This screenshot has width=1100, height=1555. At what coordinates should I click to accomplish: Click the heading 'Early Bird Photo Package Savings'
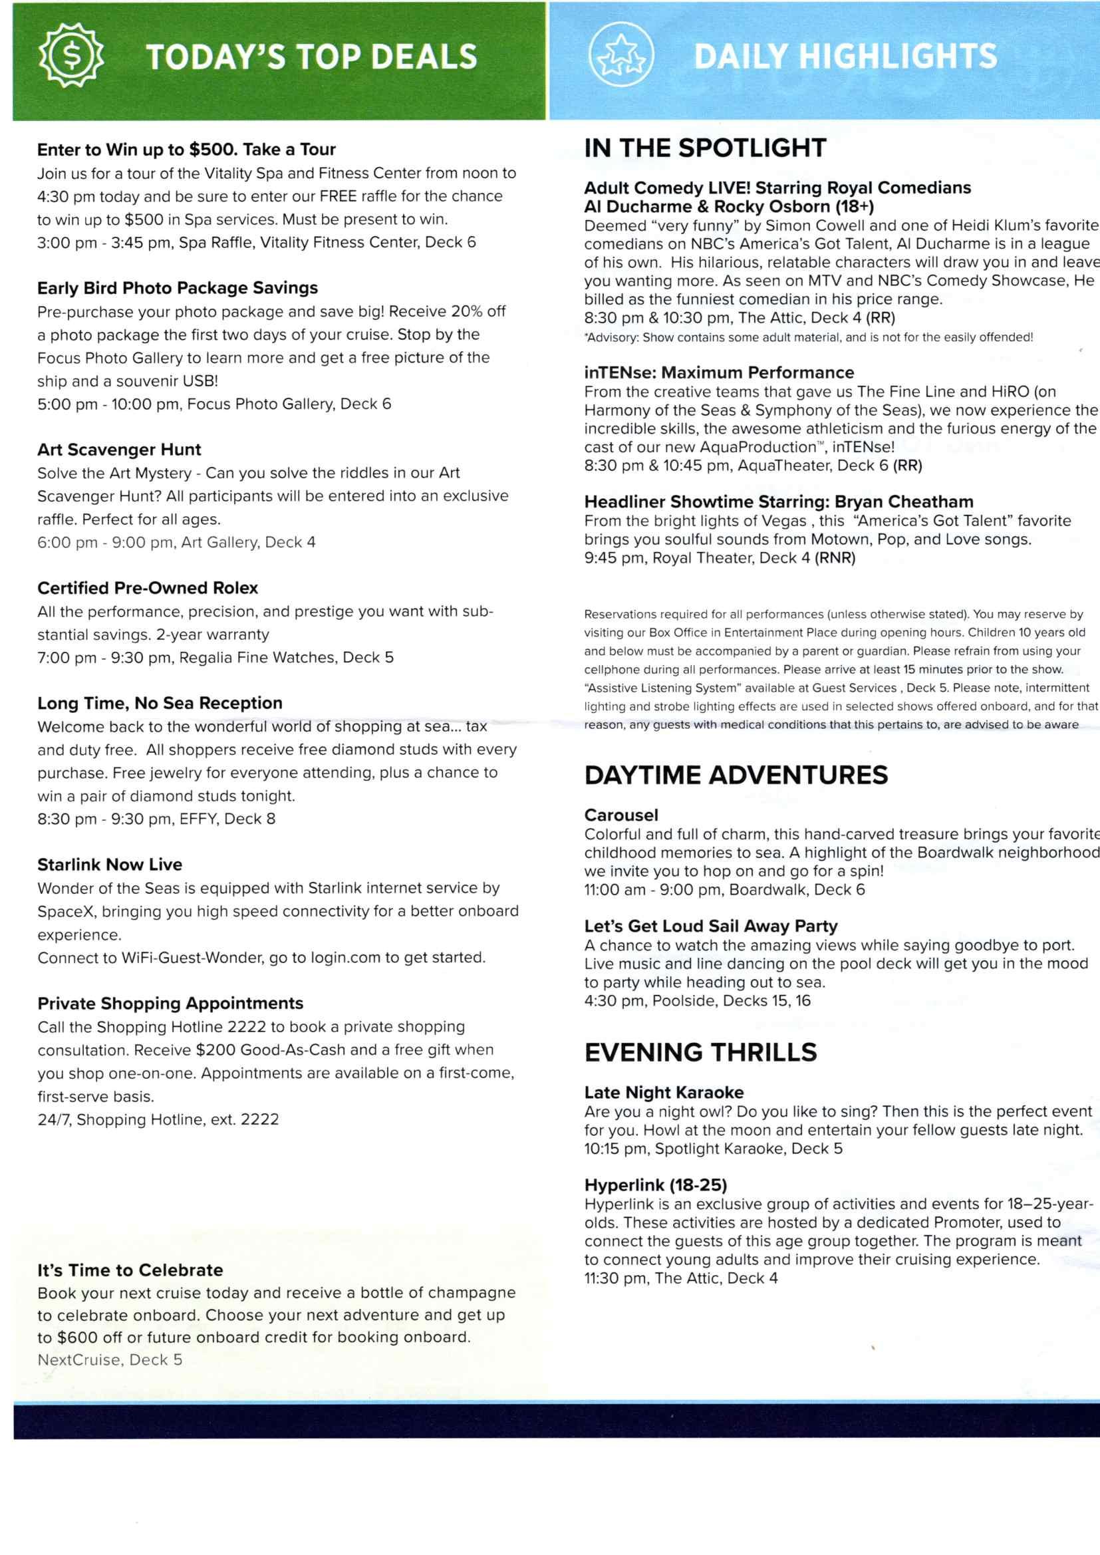click(178, 288)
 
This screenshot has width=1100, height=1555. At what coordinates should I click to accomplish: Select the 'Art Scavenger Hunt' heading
click(119, 450)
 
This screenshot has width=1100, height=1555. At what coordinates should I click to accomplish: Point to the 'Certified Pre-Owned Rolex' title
click(148, 588)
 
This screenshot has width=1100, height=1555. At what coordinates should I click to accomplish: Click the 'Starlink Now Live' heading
click(110, 864)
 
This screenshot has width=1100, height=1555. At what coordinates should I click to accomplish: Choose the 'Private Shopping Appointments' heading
click(170, 1003)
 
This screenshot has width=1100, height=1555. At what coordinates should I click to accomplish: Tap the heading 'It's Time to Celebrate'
click(130, 1270)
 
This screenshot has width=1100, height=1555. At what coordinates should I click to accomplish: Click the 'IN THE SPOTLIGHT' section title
click(705, 148)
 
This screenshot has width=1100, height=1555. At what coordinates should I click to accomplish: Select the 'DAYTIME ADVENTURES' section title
click(736, 775)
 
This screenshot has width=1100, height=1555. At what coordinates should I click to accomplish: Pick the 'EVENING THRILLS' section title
click(700, 1052)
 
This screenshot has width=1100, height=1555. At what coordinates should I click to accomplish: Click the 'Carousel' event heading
click(621, 815)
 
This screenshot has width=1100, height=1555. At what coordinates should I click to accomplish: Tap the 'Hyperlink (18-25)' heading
click(655, 1185)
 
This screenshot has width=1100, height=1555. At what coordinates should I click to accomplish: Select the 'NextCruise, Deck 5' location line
click(110, 1359)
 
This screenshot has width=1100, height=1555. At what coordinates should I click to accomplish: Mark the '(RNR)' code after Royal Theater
click(835, 558)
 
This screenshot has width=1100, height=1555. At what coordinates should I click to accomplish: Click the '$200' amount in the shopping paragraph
click(215, 1050)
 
